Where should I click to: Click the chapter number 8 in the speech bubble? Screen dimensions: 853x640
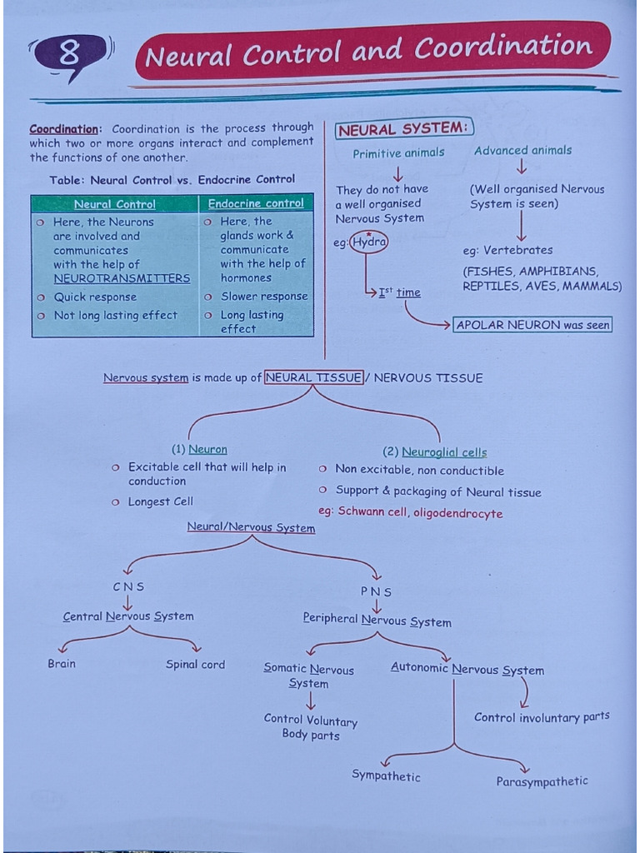coord(70,55)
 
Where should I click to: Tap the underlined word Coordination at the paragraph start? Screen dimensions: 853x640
coord(64,129)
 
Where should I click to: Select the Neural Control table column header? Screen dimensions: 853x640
coord(114,204)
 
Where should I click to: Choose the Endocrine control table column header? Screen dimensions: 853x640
coord(256,203)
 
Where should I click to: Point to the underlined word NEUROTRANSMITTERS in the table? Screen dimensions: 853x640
coord(122,279)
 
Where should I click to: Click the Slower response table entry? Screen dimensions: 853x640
coord(263,297)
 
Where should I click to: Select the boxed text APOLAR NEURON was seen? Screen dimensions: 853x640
coord(532,325)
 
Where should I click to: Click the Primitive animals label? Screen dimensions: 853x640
coord(398,153)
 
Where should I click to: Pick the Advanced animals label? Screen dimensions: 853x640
coord(522,151)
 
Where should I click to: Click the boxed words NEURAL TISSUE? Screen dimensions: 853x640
coord(314,377)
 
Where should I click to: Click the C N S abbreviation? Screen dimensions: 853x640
coord(128,586)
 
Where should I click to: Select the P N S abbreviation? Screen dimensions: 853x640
coord(376,591)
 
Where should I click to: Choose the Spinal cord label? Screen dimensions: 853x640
coord(195,665)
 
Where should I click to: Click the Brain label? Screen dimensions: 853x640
coord(62,664)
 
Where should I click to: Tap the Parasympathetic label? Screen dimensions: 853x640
coord(542,781)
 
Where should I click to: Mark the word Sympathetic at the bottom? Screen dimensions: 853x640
coord(386,776)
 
